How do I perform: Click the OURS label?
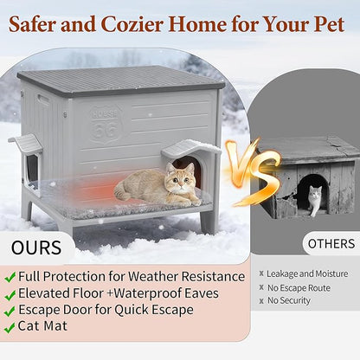(x=36, y=248)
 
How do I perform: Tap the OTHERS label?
(x=331, y=243)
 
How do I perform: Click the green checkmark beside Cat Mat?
(x=10, y=327)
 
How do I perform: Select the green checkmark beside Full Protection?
(x=10, y=277)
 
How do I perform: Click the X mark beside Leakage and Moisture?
(x=258, y=274)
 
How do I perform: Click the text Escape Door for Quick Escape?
(x=105, y=310)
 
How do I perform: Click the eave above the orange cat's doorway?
(x=191, y=148)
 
